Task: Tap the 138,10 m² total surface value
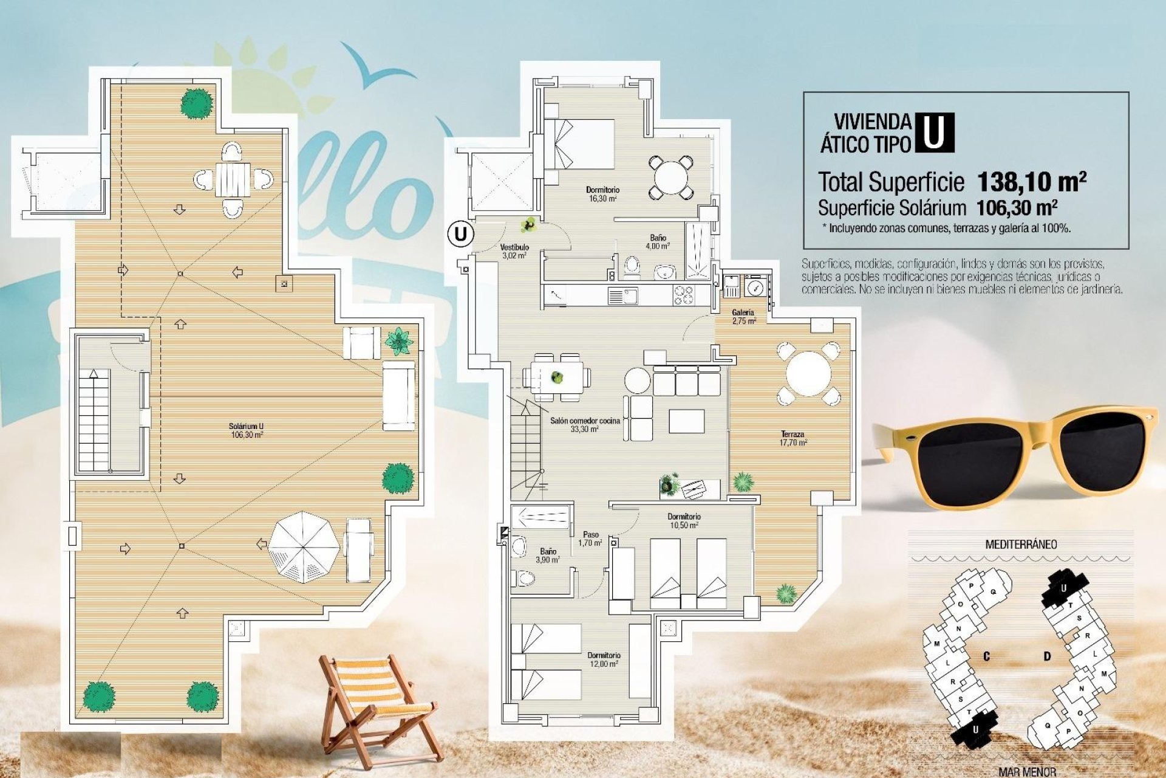click(1031, 181)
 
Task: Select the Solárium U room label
click(247, 430)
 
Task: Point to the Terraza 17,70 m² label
click(793, 438)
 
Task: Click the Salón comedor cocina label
click(585, 424)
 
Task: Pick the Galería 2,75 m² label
click(743, 316)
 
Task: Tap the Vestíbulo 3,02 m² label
click(514, 251)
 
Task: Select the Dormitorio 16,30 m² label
click(602, 193)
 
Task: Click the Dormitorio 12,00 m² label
click(604, 659)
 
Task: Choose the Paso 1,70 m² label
click(590, 539)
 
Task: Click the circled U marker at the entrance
click(461, 234)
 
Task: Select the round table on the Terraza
click(808, 374)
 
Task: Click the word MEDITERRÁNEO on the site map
click(1021, 544)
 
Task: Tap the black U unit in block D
click(1063, 587)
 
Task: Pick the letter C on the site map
click(987, 656)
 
